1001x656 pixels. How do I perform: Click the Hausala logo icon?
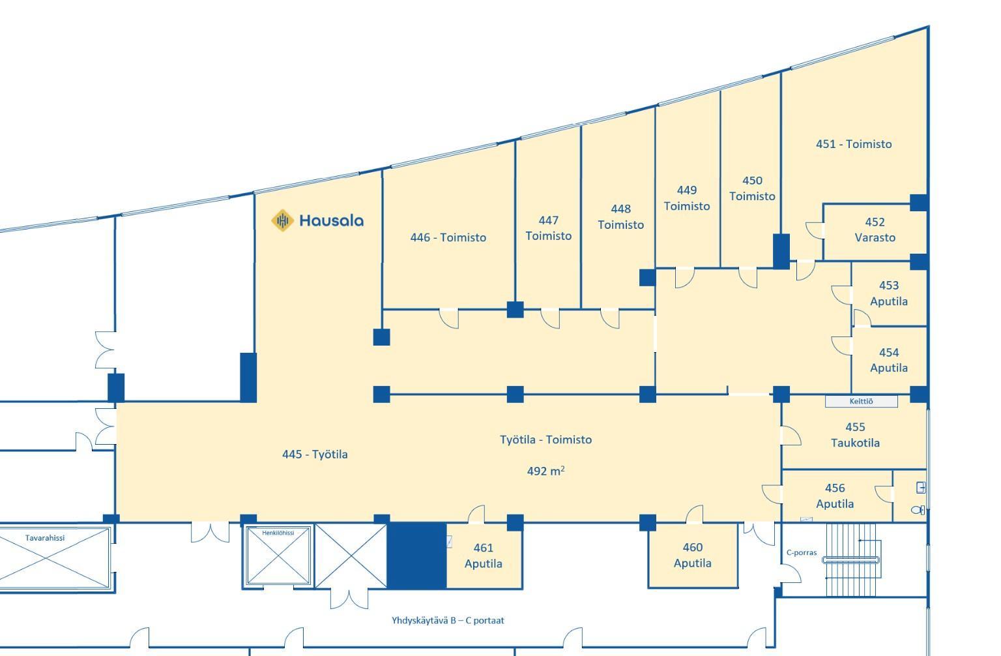click(x=282, y=220)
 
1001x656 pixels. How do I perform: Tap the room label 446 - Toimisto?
click(x=448, y=237)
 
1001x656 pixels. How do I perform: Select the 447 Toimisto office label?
click(x=548, y=228)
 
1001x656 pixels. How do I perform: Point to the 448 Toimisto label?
click(x=620, y=217)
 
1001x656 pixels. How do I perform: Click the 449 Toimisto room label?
click(x=687, y=198)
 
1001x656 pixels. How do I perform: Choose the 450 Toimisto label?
click(x=752, y=188)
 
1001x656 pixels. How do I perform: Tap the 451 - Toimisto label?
click(x=854, y=144)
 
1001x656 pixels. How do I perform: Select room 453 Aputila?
click(x=889, y=294)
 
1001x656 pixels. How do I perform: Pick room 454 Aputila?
click(x=889, y=361)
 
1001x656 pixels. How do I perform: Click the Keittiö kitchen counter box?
click(x=861, y=402)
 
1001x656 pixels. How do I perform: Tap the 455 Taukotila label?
click(x=855, y=435)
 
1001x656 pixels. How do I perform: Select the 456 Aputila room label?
click(x=835, y=496)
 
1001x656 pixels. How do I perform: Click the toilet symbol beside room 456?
click(x=918, y=510)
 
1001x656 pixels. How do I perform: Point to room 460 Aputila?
click(x=693, y=555)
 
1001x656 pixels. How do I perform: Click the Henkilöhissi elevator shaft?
click(x=278, y=556)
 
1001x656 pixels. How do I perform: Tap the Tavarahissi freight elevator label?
click(x=45, y=538)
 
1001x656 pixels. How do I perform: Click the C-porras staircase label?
click(x=802, y=553)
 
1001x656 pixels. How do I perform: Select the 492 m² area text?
click(x=545, y=471)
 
